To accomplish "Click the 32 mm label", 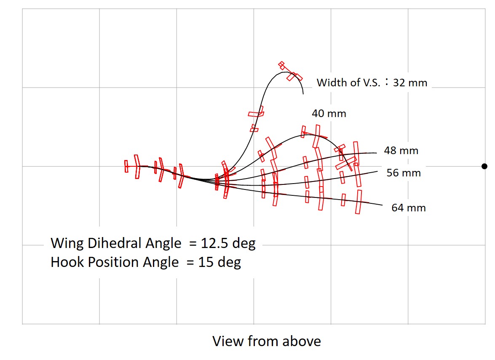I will pyautogui.click(x=410, y=83).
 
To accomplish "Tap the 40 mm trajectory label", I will pyautogui.click(x=329, y=113).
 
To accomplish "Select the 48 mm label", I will pyautogui.click(x=401, y=151).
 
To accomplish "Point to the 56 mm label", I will pyautogui.click(x=404, y=173).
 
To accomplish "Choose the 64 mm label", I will pyautogui.click(x=409, y=208).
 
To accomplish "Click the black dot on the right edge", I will pyautogui.click(x=484, y=166).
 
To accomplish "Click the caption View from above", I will pyautogui.click(x=266, y=341).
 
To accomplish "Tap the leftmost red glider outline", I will pyautogui.click(x=126, y=166).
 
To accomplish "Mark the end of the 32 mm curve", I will pyautogui.click(x=303, y=93).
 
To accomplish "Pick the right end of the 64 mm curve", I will pyautogui.click(x=382, y=205).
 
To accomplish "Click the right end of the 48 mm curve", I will pyautogui.click(x=376, y=153).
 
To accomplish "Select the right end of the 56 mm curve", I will pyautogui.click(x=377, y=172).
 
